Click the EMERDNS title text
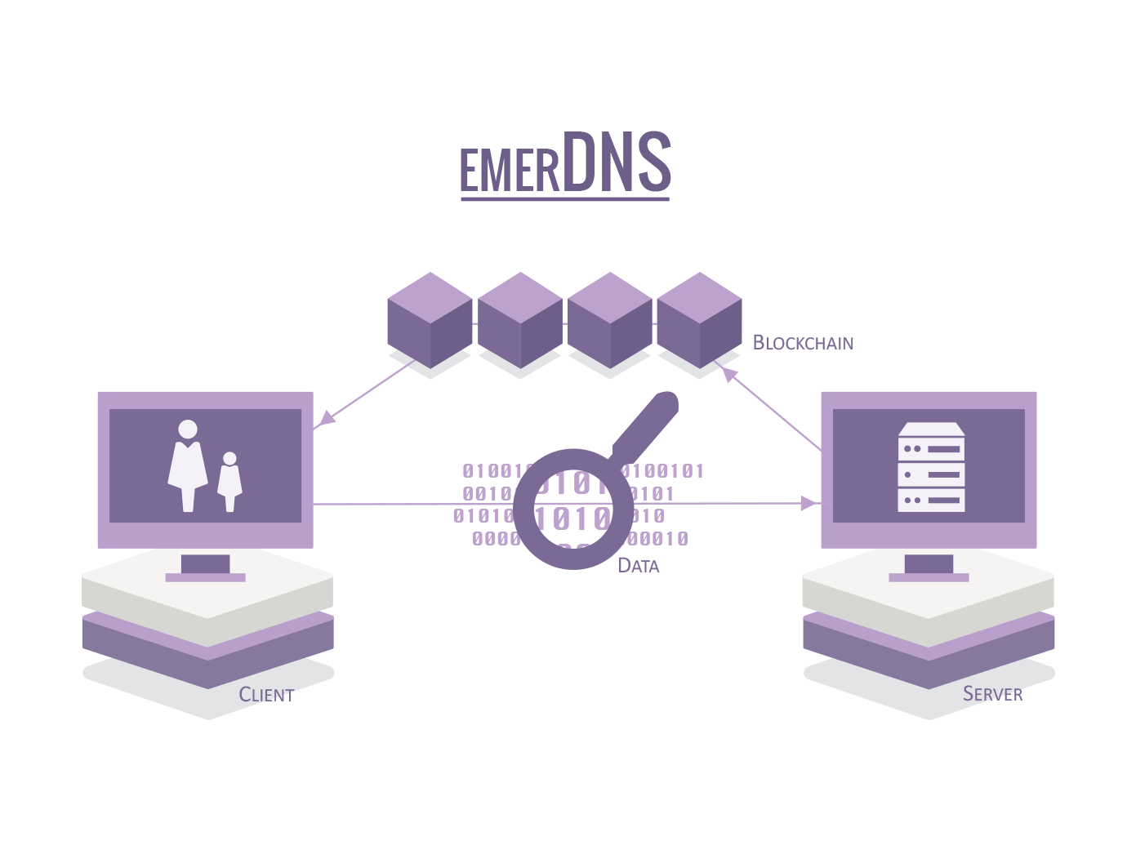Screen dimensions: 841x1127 click(x=564, y=163)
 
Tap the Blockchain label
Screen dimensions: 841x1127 click(x=803, y=343)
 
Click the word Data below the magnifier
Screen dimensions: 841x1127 click(x=638, y=566)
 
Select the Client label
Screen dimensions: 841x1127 click(x=266, y=695)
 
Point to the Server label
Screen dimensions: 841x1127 click(x=992, y=694)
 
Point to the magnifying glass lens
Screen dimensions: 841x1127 click(x=573, y=508)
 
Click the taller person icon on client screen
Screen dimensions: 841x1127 click(x=188, y=465)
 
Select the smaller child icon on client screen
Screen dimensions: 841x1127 click(x=229, y=482)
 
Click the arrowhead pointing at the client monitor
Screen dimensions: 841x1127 click(x=324, y=419)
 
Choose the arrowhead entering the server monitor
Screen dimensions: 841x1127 click(x=810, y=503)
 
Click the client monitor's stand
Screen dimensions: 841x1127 click(x=205, y=567)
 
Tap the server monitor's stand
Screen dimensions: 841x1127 click(x=929, y=567)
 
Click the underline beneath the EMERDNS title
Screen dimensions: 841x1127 click(x=564, y=198)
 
